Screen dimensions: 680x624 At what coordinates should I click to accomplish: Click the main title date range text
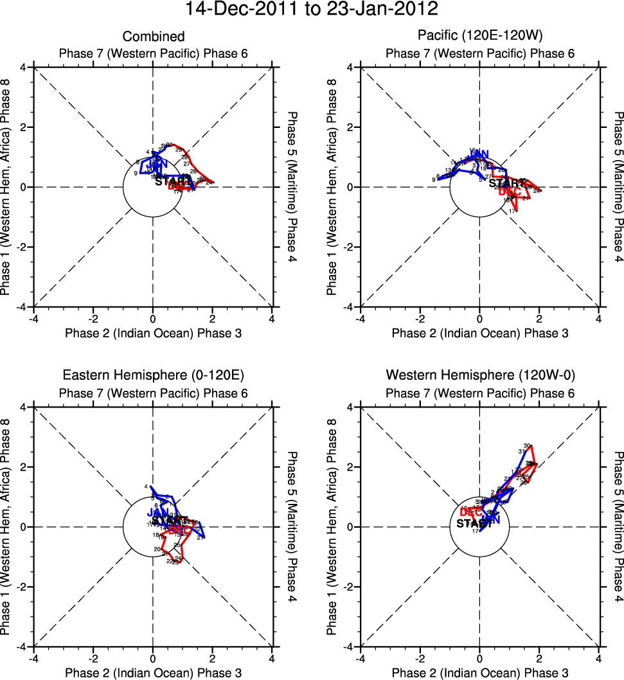312,10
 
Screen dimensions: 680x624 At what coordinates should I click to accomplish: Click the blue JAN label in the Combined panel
157,165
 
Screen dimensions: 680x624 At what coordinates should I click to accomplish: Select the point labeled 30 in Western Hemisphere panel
527,446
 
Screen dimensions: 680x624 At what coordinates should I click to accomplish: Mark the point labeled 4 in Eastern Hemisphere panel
147,487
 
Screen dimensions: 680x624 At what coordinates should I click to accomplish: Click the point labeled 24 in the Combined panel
209,183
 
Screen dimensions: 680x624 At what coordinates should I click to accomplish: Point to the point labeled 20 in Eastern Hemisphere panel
157,549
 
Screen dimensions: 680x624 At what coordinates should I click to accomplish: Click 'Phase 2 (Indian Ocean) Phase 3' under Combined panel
153,333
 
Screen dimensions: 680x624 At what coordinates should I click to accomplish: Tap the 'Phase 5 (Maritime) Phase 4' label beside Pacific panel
618,186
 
